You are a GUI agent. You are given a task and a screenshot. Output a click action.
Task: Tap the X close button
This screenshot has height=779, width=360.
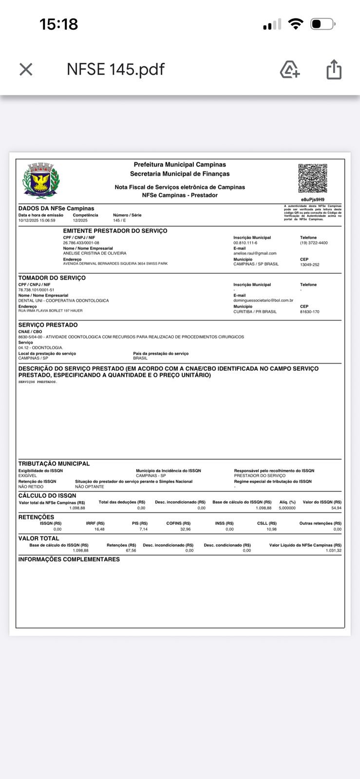tap(26, 70)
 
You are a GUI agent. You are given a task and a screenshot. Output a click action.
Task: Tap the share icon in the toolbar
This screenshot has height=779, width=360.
tap(334, 69)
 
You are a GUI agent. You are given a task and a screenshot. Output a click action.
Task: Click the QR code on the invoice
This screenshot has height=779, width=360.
tap(312, 178)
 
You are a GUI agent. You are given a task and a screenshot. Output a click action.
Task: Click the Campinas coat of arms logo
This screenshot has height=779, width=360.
tap(41, 181)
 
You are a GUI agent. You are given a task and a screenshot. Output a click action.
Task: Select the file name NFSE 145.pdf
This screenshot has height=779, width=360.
tap(115, 69)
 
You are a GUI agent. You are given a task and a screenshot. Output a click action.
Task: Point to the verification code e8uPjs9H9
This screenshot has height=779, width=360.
tap(312, 200)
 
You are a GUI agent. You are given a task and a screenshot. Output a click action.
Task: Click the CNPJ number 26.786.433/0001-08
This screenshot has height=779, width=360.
tap(81, 242)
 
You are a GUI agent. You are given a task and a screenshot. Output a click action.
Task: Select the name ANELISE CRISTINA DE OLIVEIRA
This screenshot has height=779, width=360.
tap(95, 253)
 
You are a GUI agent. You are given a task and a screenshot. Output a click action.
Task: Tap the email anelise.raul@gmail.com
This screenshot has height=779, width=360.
tap(255, 253)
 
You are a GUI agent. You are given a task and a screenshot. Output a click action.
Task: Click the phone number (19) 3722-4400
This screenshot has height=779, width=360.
tap(314, 242)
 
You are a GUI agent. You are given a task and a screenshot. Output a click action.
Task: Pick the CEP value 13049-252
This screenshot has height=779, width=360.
tap(310, 264)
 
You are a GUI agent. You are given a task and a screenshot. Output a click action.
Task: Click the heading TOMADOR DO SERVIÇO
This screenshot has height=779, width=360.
tap(52, 278)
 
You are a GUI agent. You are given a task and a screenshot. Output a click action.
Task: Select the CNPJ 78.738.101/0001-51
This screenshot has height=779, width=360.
tap(36, 290)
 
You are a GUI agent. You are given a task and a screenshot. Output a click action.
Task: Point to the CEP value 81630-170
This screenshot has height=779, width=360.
tap(310, 312)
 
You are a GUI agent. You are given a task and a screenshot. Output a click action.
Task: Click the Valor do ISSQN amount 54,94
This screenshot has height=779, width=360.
tap(336, 508)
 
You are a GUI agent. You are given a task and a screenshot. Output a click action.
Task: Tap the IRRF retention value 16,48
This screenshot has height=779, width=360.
tap(99, 529)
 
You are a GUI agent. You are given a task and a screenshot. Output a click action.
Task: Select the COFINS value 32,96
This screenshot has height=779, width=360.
tap(185, 529)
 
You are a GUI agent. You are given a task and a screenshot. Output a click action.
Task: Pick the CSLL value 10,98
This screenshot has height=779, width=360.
tap(271, 529)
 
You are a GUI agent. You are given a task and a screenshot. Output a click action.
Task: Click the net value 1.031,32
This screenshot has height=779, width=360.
tap(333, 551)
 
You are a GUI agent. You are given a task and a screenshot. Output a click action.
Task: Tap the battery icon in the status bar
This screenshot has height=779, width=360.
tap(322, 24)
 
